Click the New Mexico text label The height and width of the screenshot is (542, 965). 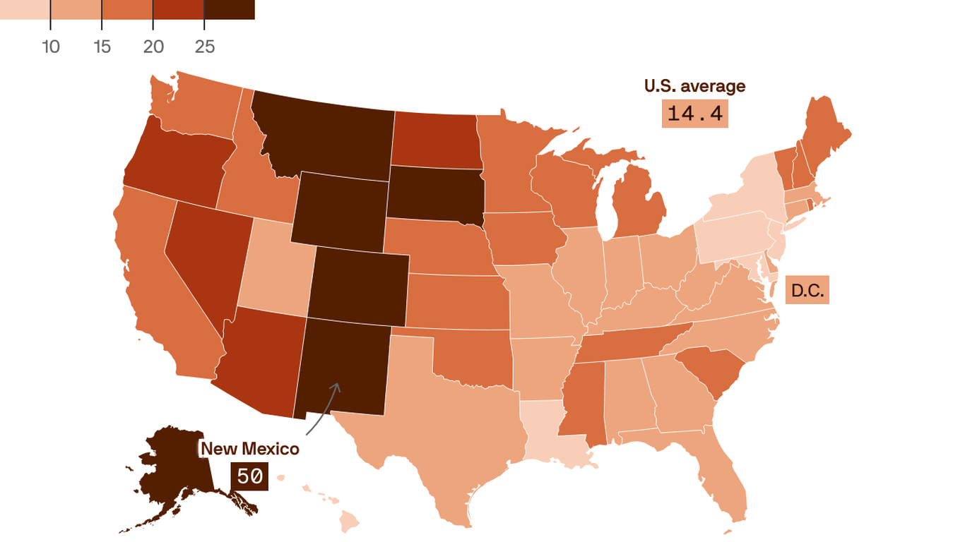[x=250, y=449]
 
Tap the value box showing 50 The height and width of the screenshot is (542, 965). [x=249, y=477]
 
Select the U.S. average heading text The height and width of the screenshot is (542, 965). [x=694, y=86]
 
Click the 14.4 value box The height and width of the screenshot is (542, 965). [x=695, y=114]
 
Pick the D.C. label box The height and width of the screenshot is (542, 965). [x=807, y=290]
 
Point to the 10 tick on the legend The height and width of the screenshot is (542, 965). [x=50, y=47]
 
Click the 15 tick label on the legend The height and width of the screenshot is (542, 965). [x=102, y=47]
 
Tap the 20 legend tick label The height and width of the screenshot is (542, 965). [x=153, y=47]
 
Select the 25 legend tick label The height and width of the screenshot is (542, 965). [x=204, y=47]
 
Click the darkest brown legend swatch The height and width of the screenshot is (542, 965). [x=230, y=9]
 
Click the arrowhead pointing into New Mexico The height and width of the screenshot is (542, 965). [x=337, y=385]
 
